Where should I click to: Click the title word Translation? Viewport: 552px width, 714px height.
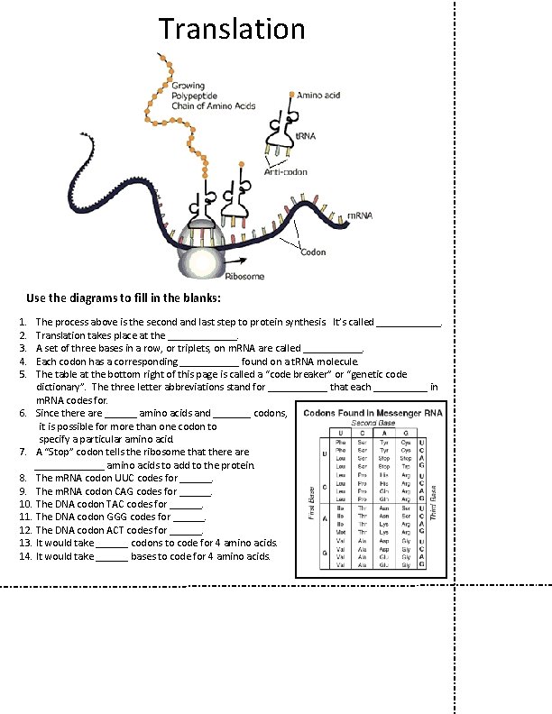[x=232, y=29]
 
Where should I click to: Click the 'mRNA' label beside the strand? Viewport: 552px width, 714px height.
[x=360, y=215]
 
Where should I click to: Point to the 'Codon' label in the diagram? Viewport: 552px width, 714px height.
[x=313, y=252]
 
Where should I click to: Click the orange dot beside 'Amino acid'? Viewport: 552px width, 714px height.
[x=291, y=94]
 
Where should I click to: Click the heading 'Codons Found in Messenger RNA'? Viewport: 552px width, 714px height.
[x=373, y=412]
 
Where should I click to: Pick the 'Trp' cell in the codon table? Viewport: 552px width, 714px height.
[x=406, y=466]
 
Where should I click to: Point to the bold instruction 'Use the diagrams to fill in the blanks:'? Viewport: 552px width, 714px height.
[x=124, y=297]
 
